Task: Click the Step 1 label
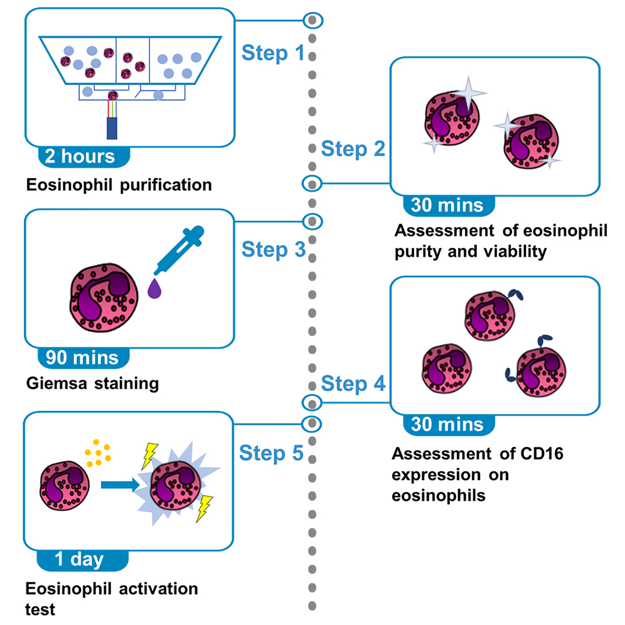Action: (273, 53)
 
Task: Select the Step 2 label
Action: (353, 149)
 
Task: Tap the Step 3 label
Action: (273, 250)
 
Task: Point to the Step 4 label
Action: (353, 383)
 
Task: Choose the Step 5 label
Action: (273, 452)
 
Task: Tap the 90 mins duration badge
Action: (82, 357)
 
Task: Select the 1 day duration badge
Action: (79, 558)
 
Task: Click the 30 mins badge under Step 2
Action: (447, 205)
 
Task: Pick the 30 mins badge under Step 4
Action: (447, 424)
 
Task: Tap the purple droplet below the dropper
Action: (153, 289)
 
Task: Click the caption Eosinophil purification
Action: (119, 185)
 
